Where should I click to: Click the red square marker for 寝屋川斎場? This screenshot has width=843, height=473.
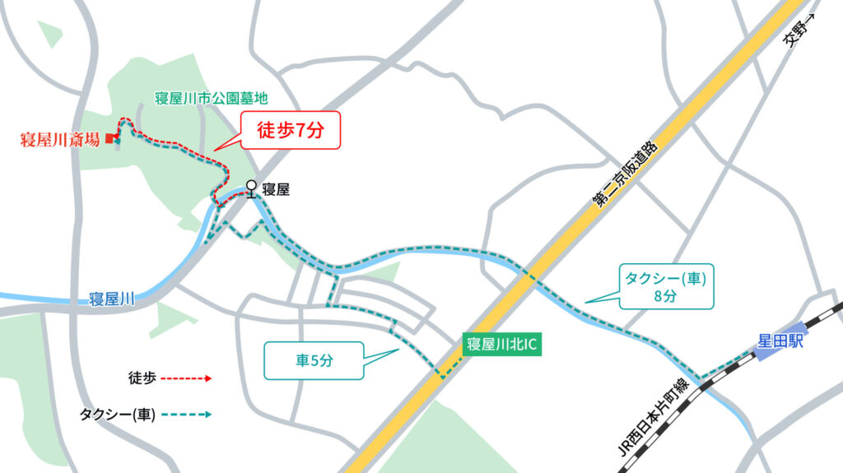108,138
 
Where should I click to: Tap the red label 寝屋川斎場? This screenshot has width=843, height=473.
59,139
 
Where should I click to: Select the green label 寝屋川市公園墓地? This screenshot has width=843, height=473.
212,99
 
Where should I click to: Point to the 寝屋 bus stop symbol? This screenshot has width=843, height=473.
250,189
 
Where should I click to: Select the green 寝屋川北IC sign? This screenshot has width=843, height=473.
501,345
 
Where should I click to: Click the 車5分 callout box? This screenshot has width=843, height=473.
314,359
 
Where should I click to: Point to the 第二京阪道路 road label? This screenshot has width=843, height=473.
625,174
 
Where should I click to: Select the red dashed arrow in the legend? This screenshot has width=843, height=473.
185,378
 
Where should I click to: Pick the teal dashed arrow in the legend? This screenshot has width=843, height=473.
185,415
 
